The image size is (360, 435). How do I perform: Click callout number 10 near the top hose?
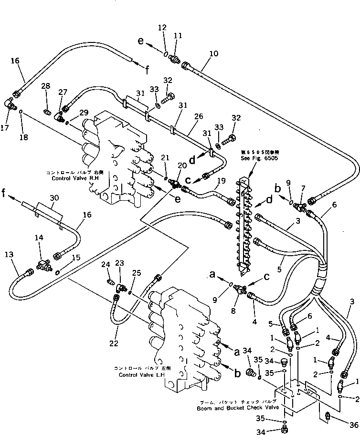pos(213,53)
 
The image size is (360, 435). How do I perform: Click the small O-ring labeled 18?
pos(21,113)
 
